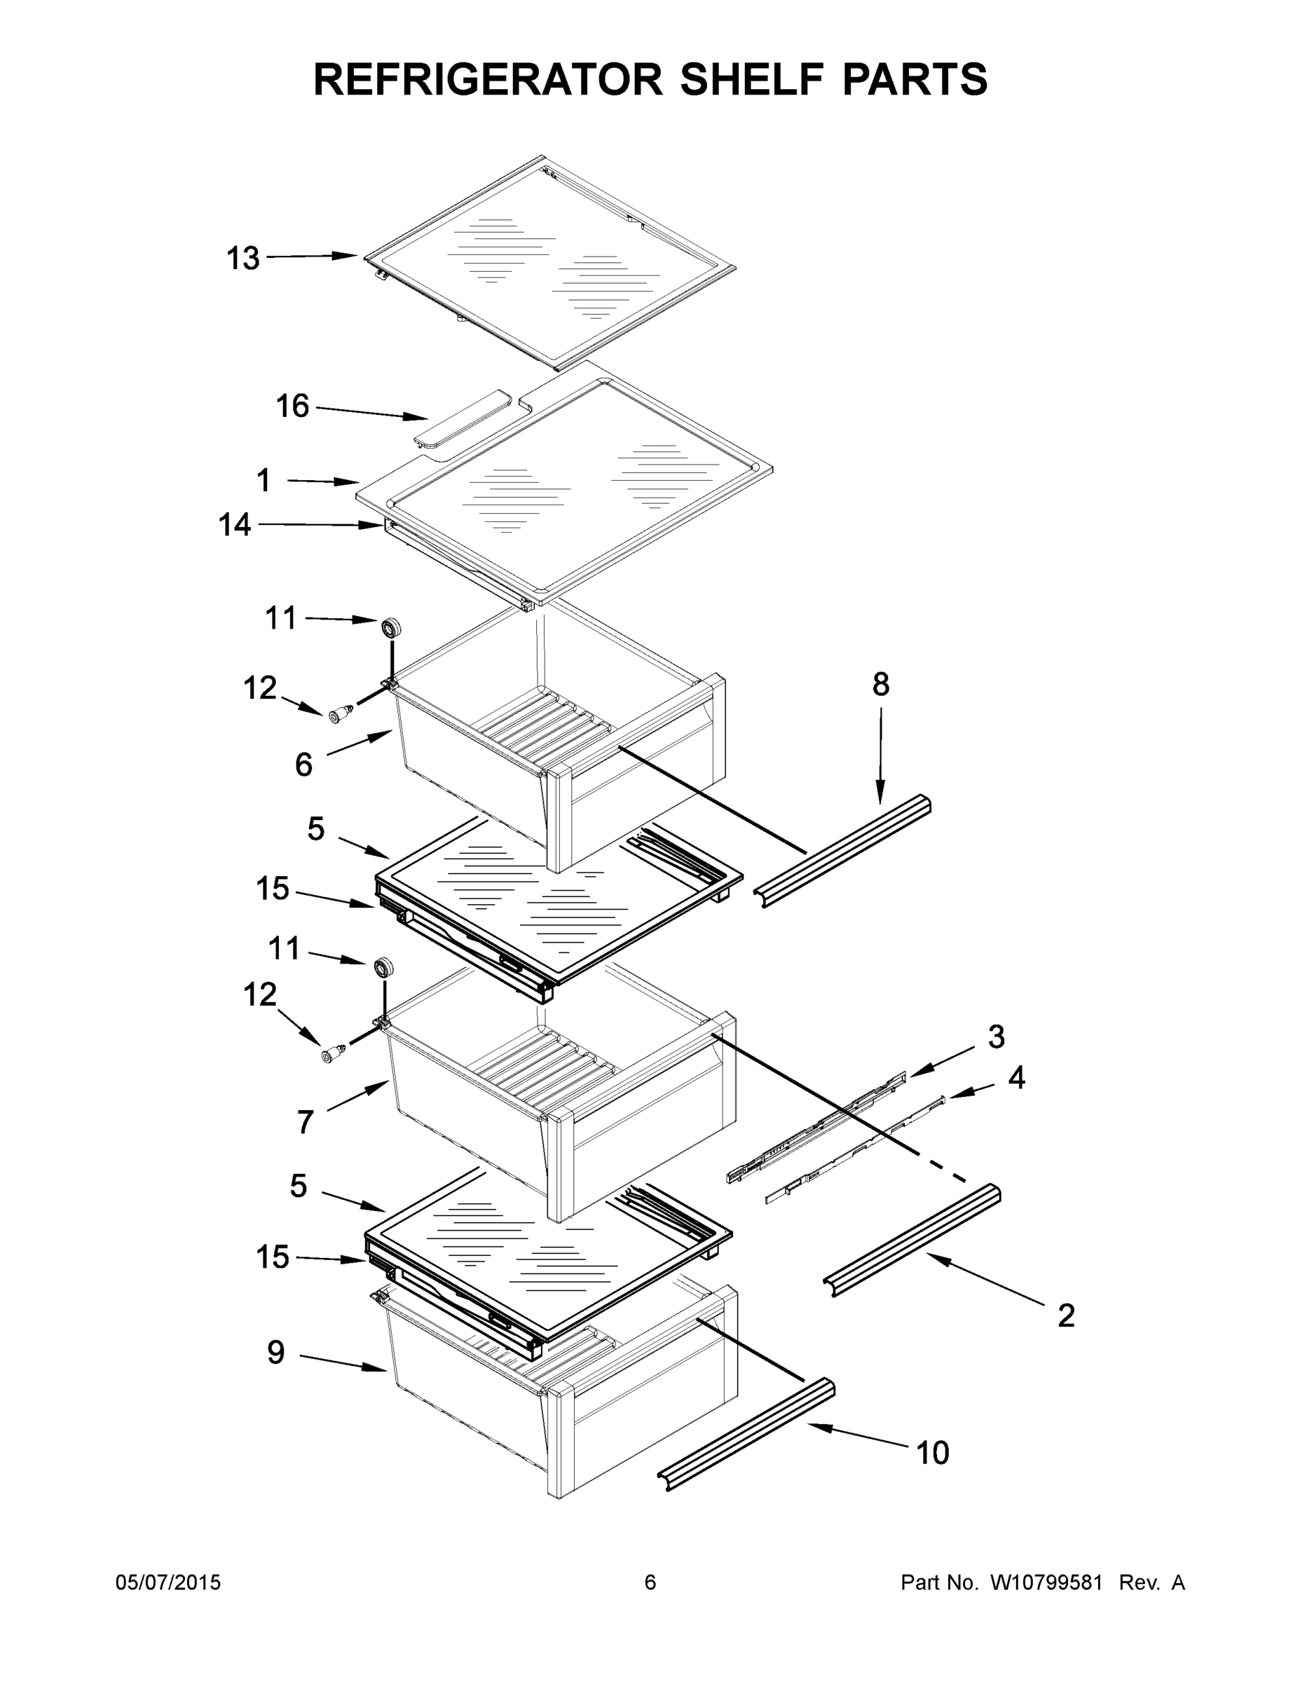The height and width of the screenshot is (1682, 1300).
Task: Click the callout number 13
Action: tap(242, 259)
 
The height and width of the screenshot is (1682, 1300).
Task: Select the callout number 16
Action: tap(293, 406)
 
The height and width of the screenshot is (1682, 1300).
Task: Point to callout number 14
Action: tap(235, 525)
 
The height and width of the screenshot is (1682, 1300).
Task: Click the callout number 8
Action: tap(881, 684)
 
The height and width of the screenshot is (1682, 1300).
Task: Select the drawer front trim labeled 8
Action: tap(846, 852)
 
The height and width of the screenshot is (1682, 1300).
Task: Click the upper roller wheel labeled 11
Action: tap(392, 627)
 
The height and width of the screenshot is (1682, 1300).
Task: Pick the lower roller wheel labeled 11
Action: tap(383, 966)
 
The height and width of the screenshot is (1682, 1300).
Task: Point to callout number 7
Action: tap(305, 1122)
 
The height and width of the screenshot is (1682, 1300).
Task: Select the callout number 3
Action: tap(997, 1037)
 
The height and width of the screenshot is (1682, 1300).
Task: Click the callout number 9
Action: tap(275, 1353)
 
